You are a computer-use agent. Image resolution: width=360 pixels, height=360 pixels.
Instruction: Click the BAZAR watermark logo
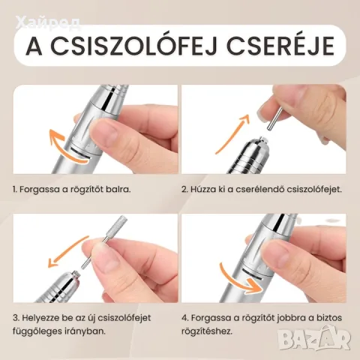tap(315, 337)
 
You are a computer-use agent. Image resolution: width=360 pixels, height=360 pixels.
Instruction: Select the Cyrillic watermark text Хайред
tap(47, 24)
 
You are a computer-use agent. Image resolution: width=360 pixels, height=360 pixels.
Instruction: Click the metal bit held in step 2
tap(275, 118)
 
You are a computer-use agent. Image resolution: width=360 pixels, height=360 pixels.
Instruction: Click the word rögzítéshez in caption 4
tap(207, 331)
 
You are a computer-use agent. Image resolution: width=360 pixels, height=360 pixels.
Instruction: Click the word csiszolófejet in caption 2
tap(313, 189)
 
